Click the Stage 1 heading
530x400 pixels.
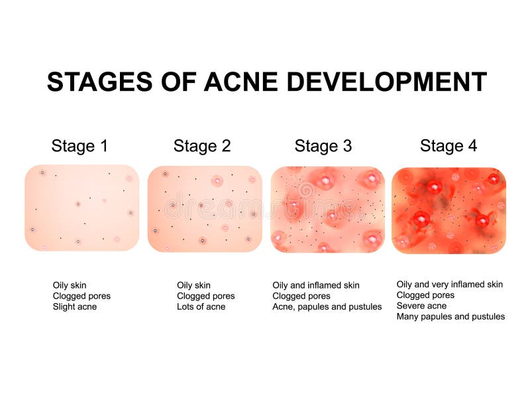pyautogui.click(x=79, y=146)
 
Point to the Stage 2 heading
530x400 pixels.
pyautogui.click(x=202, y=146)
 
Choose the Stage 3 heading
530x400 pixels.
pyautogui.click(x=323, y=146)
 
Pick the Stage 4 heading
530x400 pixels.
pyautogui.click(x=448, y=146)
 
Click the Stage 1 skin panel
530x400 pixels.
pyautogui.click(x=82, y=208)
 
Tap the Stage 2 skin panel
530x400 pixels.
pyautogui.click(x=205, y=208)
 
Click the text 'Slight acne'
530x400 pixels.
pyautogui.click(x=75, y=306)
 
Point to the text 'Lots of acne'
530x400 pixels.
pyautogui.click(x=201, y=306)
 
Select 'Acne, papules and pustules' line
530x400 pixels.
pyautogui.click(x=327, y=306)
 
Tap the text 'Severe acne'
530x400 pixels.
pyautogui.click(x=421, y=306)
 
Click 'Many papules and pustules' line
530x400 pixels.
pyautogui.click(x=450, y=316)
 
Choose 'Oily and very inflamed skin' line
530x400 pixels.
pyautogui.click(x=449, y=285)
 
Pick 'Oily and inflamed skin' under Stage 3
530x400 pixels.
pyautogui.click(x=316, y=285)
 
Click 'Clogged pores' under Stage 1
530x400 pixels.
pyautogui.click(x=81, y=296)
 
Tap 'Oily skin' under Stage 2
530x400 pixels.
pyautogui.click(x=193, y=285)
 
